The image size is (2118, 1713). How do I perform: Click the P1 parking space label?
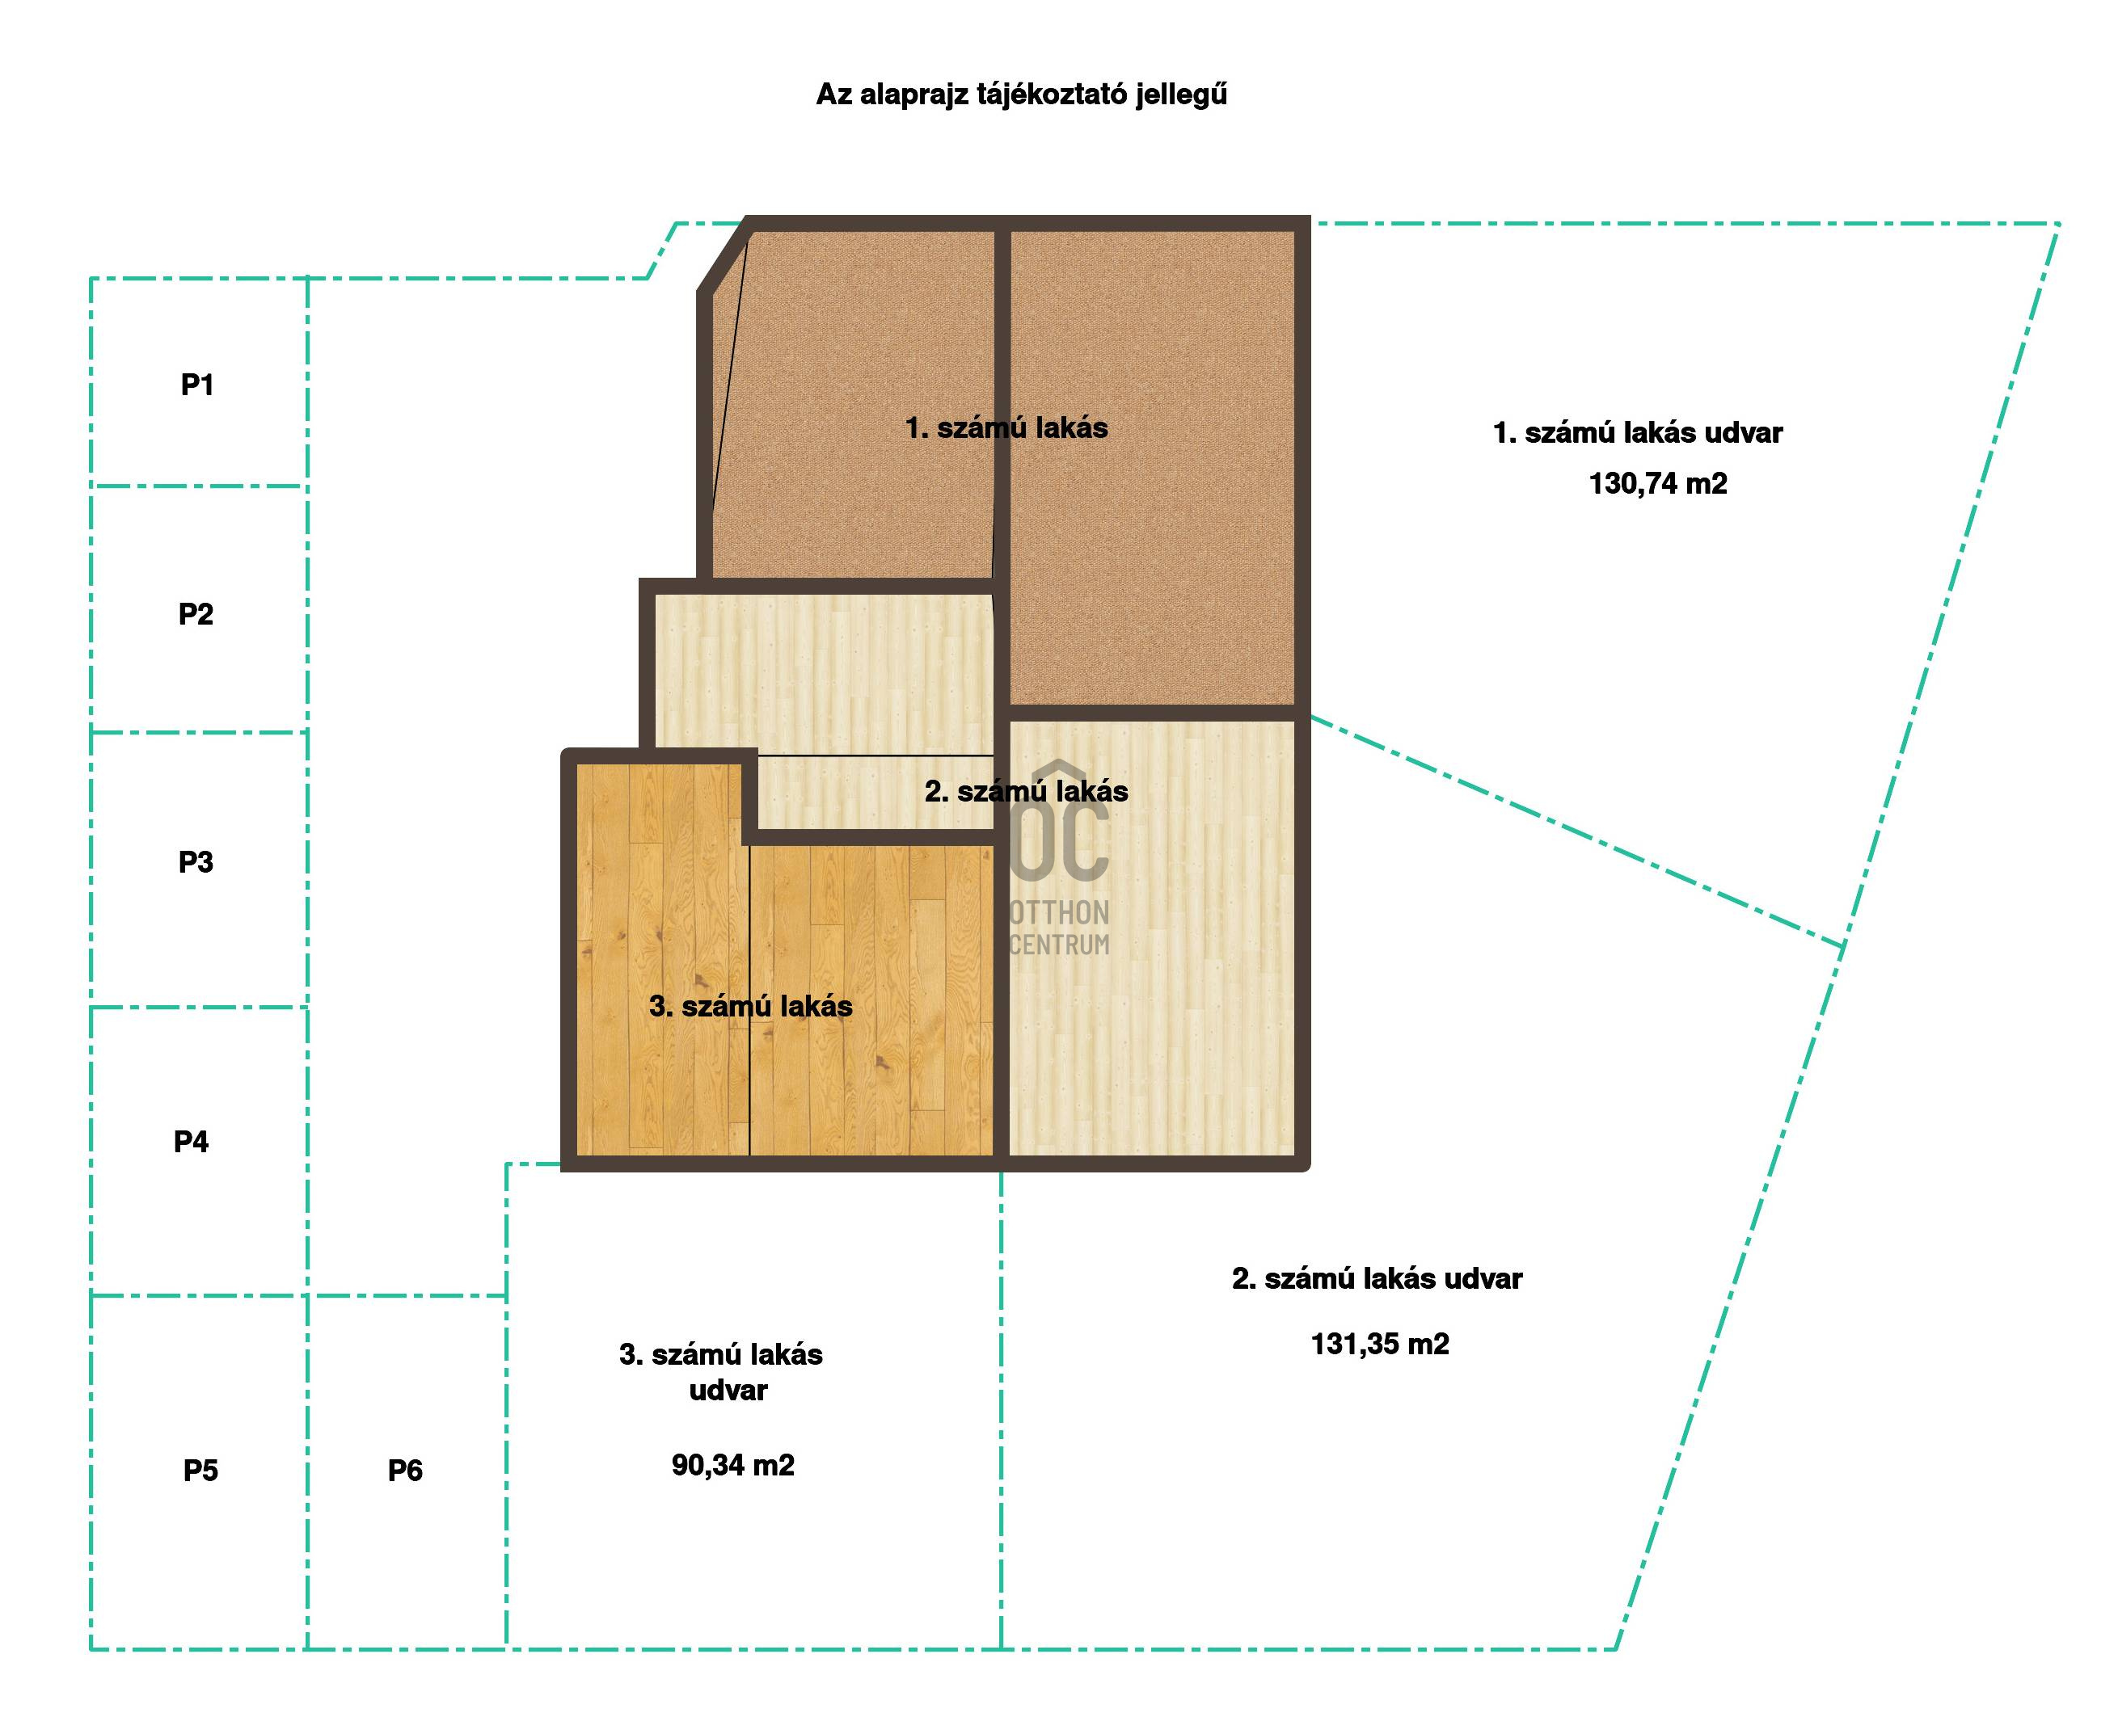click(197, 385)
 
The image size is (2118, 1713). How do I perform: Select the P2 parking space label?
click(196, 615)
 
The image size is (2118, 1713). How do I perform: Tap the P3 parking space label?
click(196, 862)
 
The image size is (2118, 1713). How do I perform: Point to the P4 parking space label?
click(192, 1142)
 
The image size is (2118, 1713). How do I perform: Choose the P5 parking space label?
click(200, 1471)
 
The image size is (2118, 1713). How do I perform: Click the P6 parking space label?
click(405, 1471)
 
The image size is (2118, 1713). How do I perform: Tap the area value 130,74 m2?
click(1658, 483)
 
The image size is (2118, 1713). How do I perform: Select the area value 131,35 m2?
click(1380, 1344)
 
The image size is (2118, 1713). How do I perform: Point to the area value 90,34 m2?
click(733, 1465)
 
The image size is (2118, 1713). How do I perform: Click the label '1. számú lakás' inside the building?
click(1006, 428)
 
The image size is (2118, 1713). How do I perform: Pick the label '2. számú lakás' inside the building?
click(1027, 791)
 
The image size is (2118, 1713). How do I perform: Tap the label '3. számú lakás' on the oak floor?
click(751, 1007)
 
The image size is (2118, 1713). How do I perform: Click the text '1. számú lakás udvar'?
click(1639, 433)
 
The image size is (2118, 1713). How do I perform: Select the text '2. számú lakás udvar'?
click(1378, 1279)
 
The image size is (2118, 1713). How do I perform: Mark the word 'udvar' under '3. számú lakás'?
click(728, 1391)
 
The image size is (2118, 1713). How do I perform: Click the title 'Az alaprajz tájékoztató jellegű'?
click(1023, 95)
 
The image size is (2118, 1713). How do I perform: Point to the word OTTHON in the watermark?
click(1059, 913)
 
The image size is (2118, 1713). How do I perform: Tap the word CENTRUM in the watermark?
click(1059, 945)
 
